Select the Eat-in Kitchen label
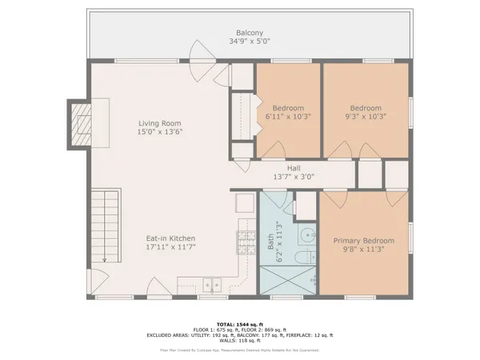tap(170, 238)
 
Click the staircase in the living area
tap(102, 227)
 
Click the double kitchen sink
tap(213, 284)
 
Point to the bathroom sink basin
tap(306, 234)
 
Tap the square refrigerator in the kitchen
tap(243, 204)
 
